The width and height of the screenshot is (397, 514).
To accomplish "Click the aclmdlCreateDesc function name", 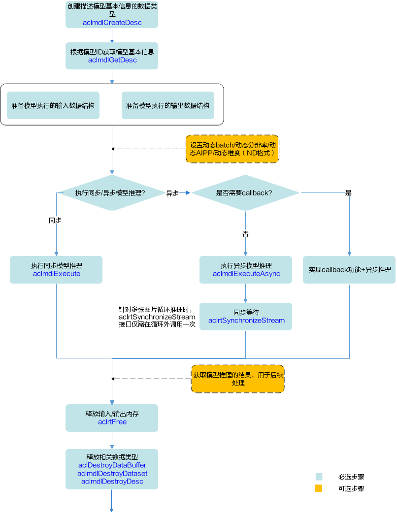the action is click(x=112, y=23).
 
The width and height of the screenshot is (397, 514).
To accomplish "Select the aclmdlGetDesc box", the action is click(x=112, y=56).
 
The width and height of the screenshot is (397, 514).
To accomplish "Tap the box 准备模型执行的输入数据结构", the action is click(x=53, y=105).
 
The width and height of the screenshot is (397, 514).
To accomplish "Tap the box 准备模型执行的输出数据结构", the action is click(x=168, y=105).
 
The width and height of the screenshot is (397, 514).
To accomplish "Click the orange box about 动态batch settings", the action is click(x=232, y=149).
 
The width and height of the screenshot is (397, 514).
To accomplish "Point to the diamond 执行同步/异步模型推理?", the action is click(x=112, y=193).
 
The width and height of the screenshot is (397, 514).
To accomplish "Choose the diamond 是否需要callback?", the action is click(x=245, y=193).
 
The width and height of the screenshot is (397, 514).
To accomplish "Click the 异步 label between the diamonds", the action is click(x=172, y=193).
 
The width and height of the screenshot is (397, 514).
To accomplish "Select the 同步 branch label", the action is click(x=55, y=220).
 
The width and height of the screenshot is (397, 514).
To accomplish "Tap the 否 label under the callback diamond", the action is click(x=246, y=234).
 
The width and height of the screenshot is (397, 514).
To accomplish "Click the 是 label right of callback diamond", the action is click(x=348, y=193).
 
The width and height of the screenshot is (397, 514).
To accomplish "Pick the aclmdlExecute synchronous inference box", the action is click(x=56, y=269).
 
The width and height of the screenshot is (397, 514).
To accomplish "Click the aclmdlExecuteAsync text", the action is click(x=246, y=274).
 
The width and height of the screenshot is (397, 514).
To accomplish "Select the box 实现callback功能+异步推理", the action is click(x=349, y=269).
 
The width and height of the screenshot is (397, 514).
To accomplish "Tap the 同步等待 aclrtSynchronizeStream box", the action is click(x=246, y=317).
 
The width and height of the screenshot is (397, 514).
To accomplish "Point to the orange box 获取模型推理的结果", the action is click(x=238, y=379).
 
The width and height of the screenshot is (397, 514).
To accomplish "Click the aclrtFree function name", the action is click(x=112, y=422).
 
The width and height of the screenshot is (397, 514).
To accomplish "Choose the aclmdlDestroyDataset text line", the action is click(x=112, y=473).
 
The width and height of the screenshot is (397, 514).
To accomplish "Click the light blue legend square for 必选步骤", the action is click(x=319, y=477).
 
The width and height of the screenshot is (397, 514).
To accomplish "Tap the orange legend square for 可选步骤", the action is click(x=318, y=488).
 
